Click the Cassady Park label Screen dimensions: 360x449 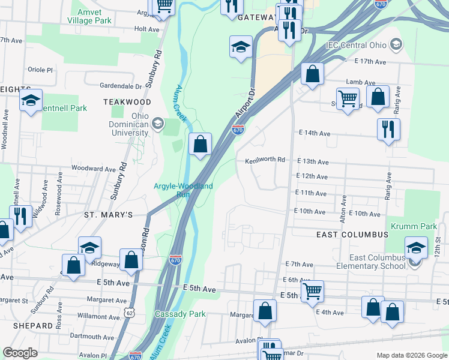[x=180, y=314]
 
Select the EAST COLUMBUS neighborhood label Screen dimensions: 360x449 [x=349, y=235]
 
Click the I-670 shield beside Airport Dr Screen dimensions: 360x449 [x=238, y=129]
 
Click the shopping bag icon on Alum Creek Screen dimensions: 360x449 [x=200, y=144]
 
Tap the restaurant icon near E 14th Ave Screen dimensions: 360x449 [x=388, y=128]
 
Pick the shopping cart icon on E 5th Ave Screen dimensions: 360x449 [x=312, y=291]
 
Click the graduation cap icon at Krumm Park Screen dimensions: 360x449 [x=416, y=247]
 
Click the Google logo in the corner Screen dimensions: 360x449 [x=20, y=353]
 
